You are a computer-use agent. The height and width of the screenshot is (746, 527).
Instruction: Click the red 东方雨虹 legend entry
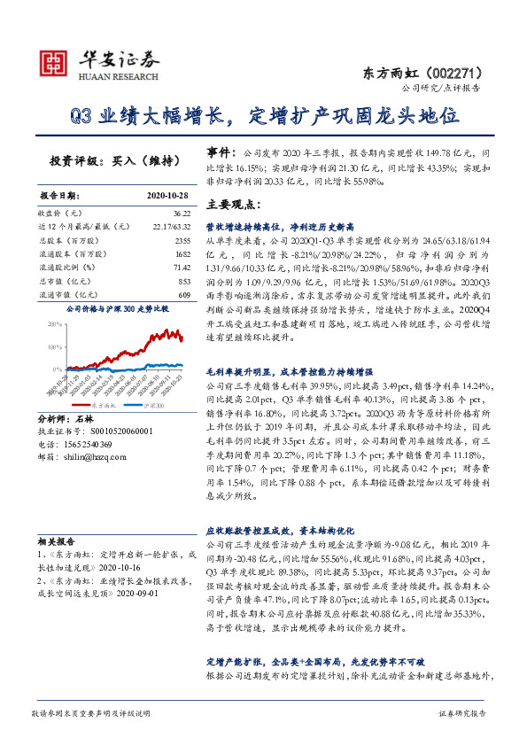tap(87, 405)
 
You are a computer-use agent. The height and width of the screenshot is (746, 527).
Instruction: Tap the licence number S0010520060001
tap(109, 431)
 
